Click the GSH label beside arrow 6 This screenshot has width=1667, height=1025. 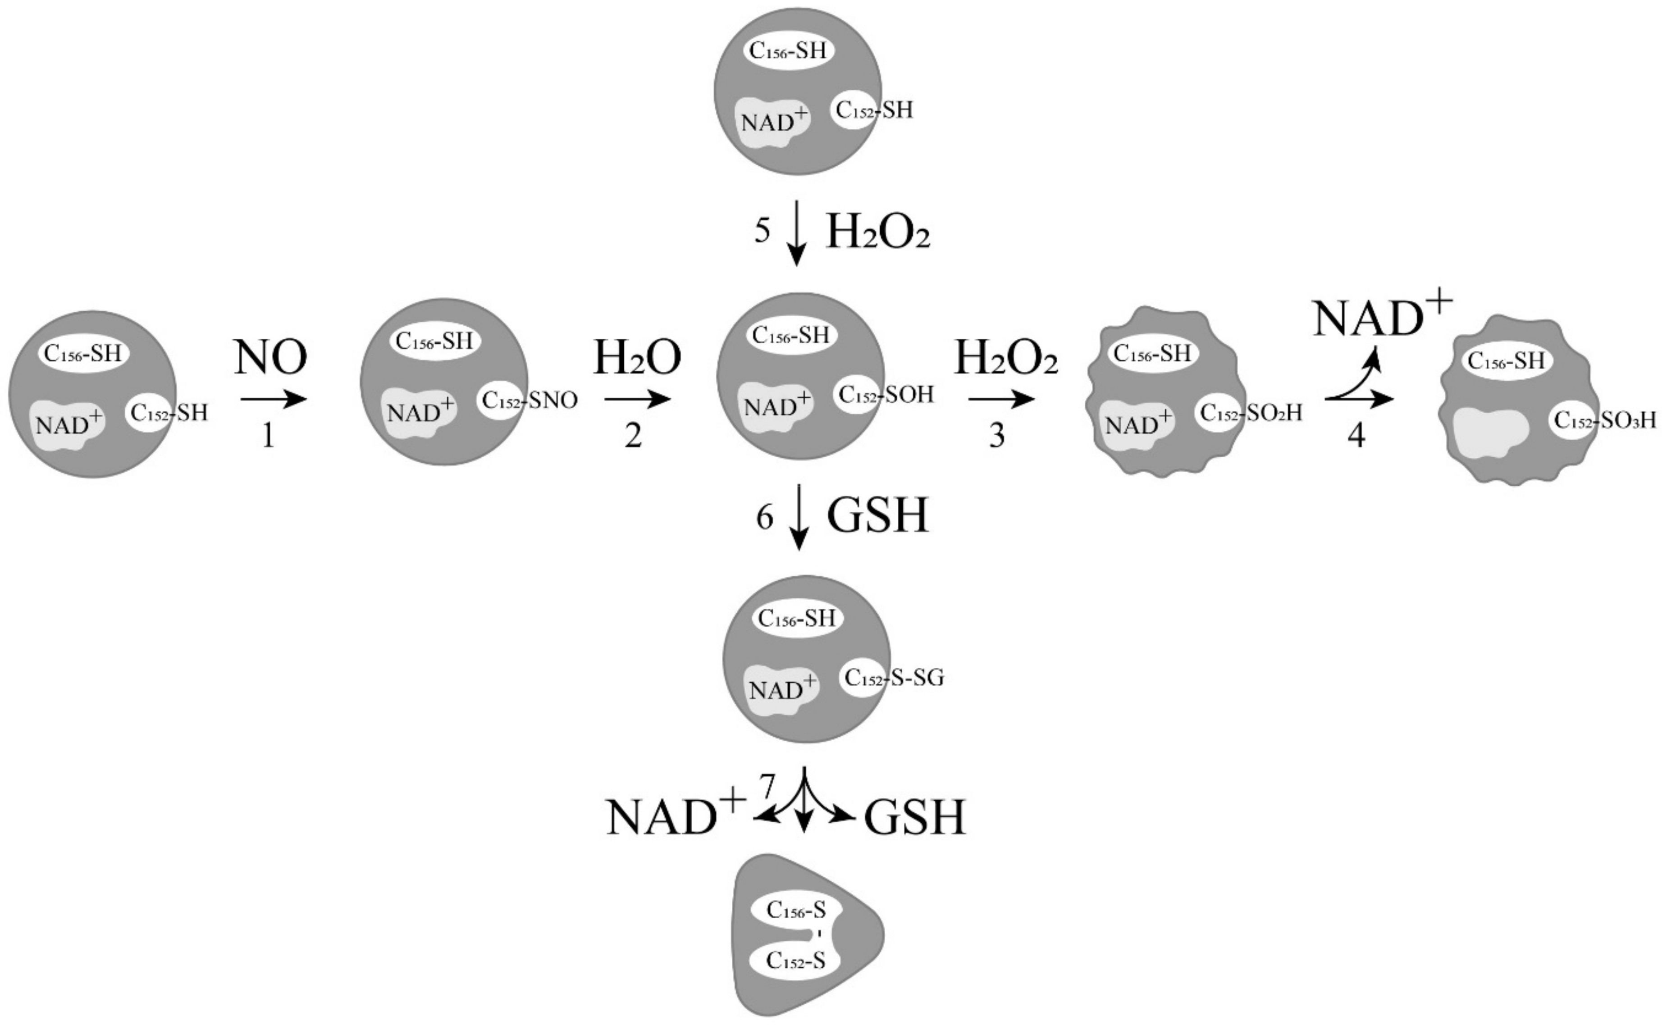click(x=878, y=517)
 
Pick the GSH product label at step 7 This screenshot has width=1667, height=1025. click(x=914, y=818)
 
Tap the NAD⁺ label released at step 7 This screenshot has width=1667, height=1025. click(x=676, y=816)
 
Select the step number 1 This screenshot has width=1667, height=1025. click(x=269, y=437)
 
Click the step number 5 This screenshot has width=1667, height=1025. click(x=763, y=232)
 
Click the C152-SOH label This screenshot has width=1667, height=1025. click(x=886, y=395)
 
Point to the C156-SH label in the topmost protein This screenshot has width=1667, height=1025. click(x=788, y=51)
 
